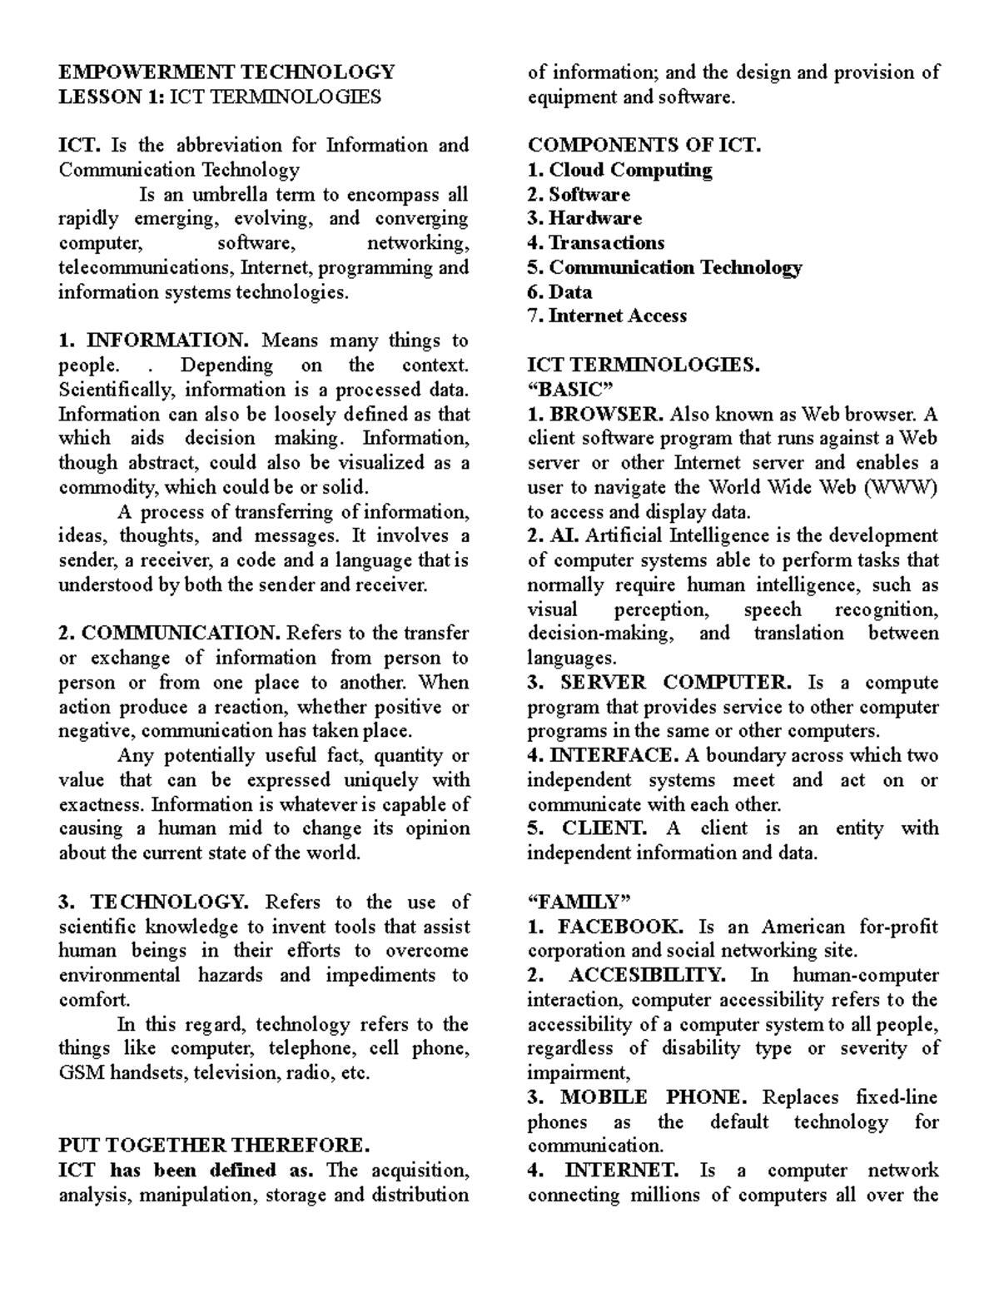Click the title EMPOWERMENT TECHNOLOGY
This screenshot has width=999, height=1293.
point(226,72)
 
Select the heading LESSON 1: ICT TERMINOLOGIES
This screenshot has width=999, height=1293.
point(220,97)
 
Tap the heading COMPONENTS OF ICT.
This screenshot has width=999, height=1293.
point(644,145)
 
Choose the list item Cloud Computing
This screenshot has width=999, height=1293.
point(630,170)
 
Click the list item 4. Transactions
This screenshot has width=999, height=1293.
point(596,242)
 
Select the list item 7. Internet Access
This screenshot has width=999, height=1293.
point(607,316)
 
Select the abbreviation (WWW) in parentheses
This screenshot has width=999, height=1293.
point(902,487)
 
